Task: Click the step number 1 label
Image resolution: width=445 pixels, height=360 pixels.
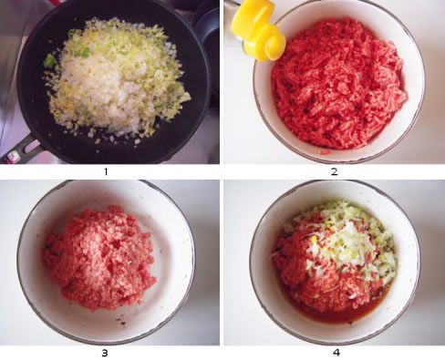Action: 106,172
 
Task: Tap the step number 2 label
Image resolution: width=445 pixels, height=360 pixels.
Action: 335,172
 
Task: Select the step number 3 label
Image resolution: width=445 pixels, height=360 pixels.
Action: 105,353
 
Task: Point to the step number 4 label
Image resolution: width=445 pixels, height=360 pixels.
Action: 336,353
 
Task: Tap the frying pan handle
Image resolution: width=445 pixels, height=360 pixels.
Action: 18,149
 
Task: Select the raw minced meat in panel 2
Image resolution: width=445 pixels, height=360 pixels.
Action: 338,84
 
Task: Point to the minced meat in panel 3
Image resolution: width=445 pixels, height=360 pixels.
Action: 98,257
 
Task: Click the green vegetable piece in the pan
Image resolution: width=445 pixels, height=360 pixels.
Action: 48,61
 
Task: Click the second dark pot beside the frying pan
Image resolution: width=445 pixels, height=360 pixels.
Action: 208,46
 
